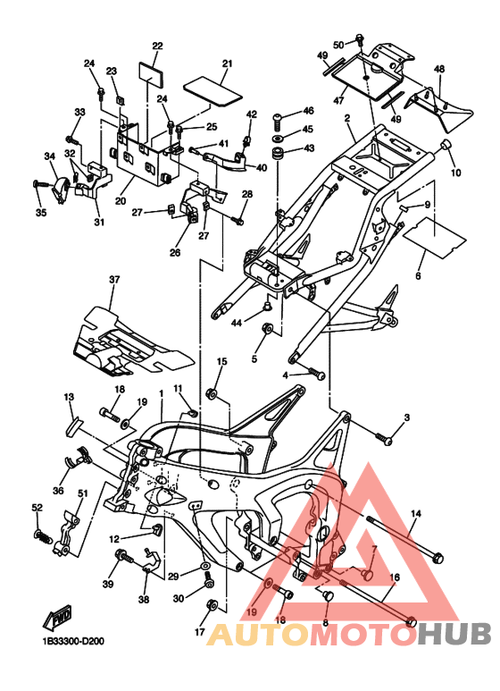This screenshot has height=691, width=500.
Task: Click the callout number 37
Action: (114, 280)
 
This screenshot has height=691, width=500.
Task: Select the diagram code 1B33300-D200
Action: (73, 641)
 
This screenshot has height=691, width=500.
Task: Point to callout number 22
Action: (157, 46)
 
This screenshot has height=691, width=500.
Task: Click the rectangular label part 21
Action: (212, 91)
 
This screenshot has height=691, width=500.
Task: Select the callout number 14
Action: (416, 513)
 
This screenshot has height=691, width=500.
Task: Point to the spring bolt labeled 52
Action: (42, 536)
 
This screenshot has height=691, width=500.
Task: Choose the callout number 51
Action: (83, 493)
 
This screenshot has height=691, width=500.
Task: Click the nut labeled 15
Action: (212, 393)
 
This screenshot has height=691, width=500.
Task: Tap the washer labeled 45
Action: (279, 139)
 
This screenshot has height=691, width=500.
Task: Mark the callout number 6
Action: (418, 276)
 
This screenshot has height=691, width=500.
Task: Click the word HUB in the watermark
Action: (454, 634)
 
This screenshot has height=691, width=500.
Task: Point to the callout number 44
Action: (237, 323)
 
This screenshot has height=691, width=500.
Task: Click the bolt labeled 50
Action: (360, 40)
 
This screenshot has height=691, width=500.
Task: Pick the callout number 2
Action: (347, 118)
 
